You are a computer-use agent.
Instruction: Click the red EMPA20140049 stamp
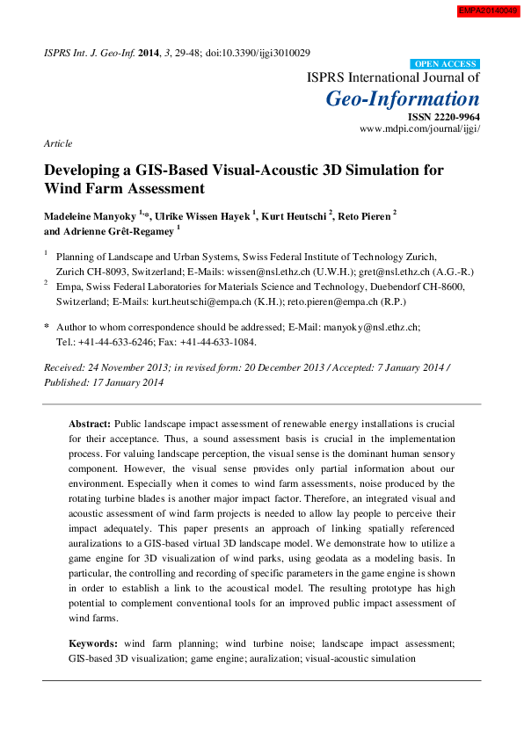click(x=488, y=11)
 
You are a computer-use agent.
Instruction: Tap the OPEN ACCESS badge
click(x=446, y=64)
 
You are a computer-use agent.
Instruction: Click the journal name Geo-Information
click(x=403, y=98)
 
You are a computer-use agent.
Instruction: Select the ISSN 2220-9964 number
click(x=444, y=117)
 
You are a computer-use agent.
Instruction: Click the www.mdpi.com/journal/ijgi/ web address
click(x=420, y=128)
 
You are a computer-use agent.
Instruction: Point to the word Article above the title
click(x=58, y=142)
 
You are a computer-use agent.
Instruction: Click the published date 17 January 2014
click(x=125, y=382)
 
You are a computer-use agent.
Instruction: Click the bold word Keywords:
click(x=93, y=643)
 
